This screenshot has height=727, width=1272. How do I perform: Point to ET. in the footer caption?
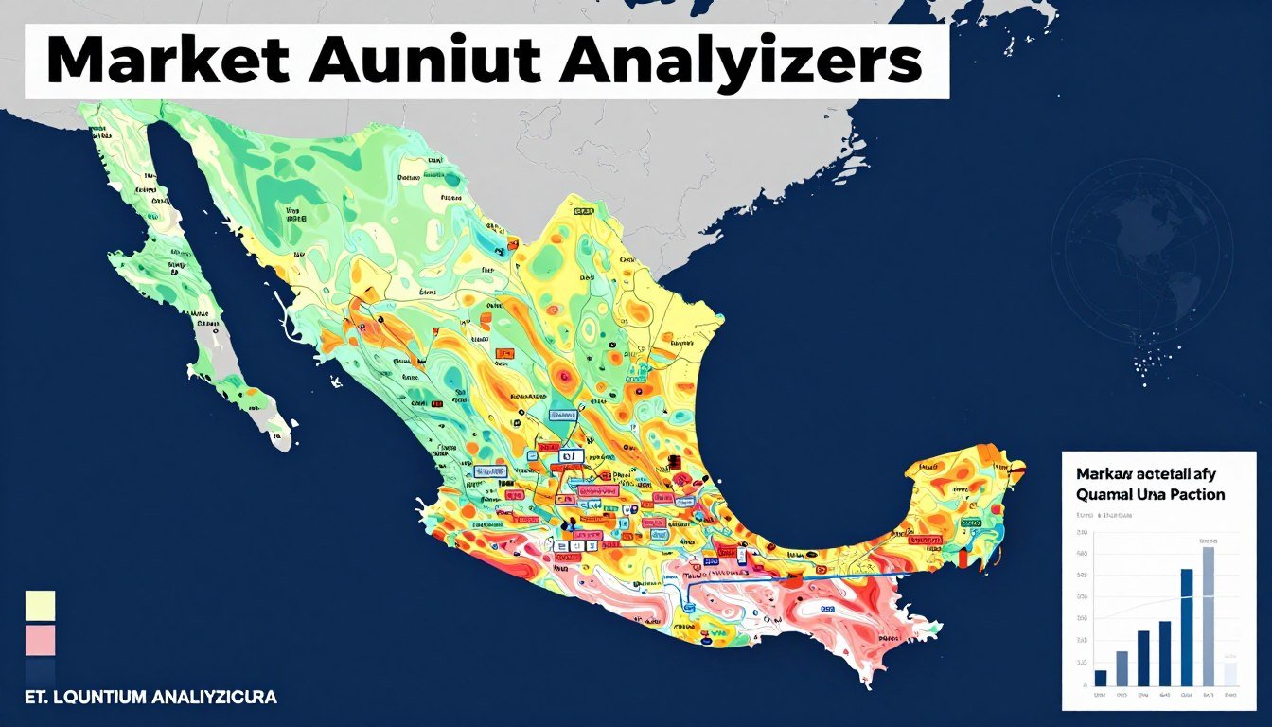tap(31, 698)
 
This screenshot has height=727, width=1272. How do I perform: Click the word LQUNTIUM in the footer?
tap(96, 698)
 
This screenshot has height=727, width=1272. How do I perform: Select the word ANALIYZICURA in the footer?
tap(213, 698)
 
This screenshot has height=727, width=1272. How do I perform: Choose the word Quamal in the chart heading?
tap(1103, 494)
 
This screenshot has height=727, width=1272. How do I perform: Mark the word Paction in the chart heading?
tap(1199, 494)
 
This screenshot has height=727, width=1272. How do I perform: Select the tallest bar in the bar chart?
tap(1208, 615)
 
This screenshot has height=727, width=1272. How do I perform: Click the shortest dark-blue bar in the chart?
tap(1101, 678)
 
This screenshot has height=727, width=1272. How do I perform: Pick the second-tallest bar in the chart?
tap(1187, 627)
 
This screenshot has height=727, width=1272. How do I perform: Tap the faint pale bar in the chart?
tap(1229, 673)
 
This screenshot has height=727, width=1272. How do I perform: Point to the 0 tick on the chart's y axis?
tap(1083, 684)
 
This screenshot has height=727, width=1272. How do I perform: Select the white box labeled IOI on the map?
tap(569, 456)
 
